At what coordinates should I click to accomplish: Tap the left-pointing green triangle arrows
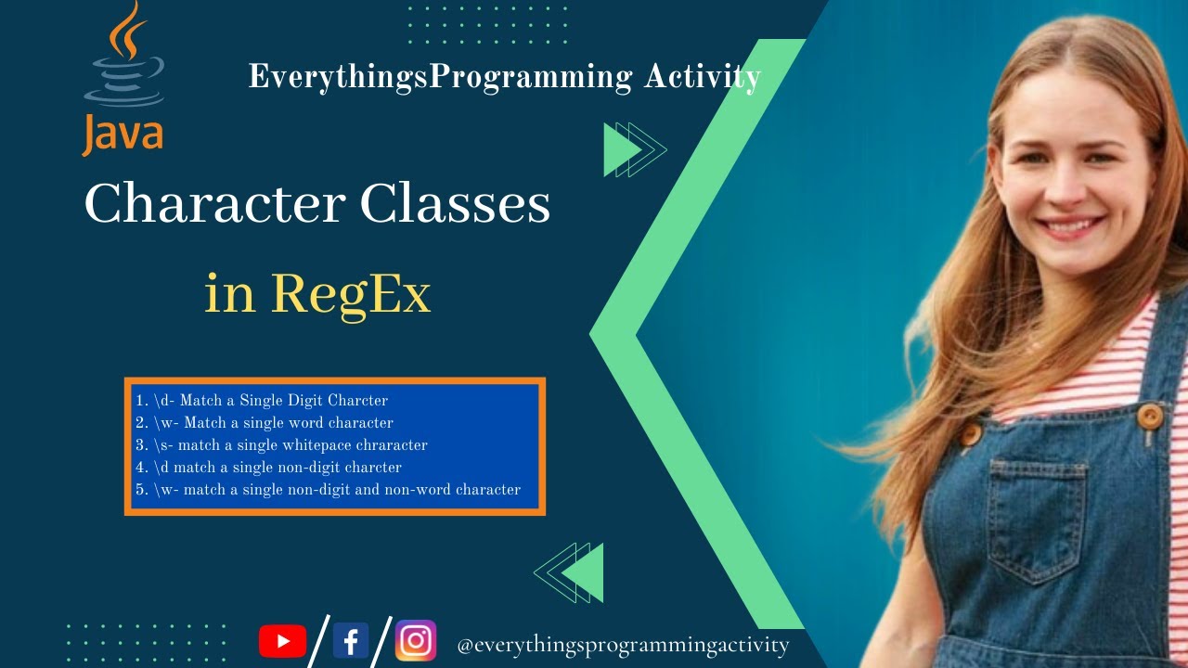(x=571, y=572)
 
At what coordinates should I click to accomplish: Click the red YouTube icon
(x=282, y=641)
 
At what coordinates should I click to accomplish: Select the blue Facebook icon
(x=351, y=641)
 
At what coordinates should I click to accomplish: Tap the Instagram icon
(x=416, y=641)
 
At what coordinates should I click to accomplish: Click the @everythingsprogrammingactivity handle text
(x=623, y=645)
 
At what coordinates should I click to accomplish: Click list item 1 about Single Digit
(x=262, y=401)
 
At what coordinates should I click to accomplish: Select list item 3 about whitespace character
(x=281, y=445)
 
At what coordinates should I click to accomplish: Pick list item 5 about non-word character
(x=328, y=490)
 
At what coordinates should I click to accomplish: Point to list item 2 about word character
(x=265, y=423)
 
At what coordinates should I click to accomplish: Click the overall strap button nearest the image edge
(x=1150, y=417)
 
